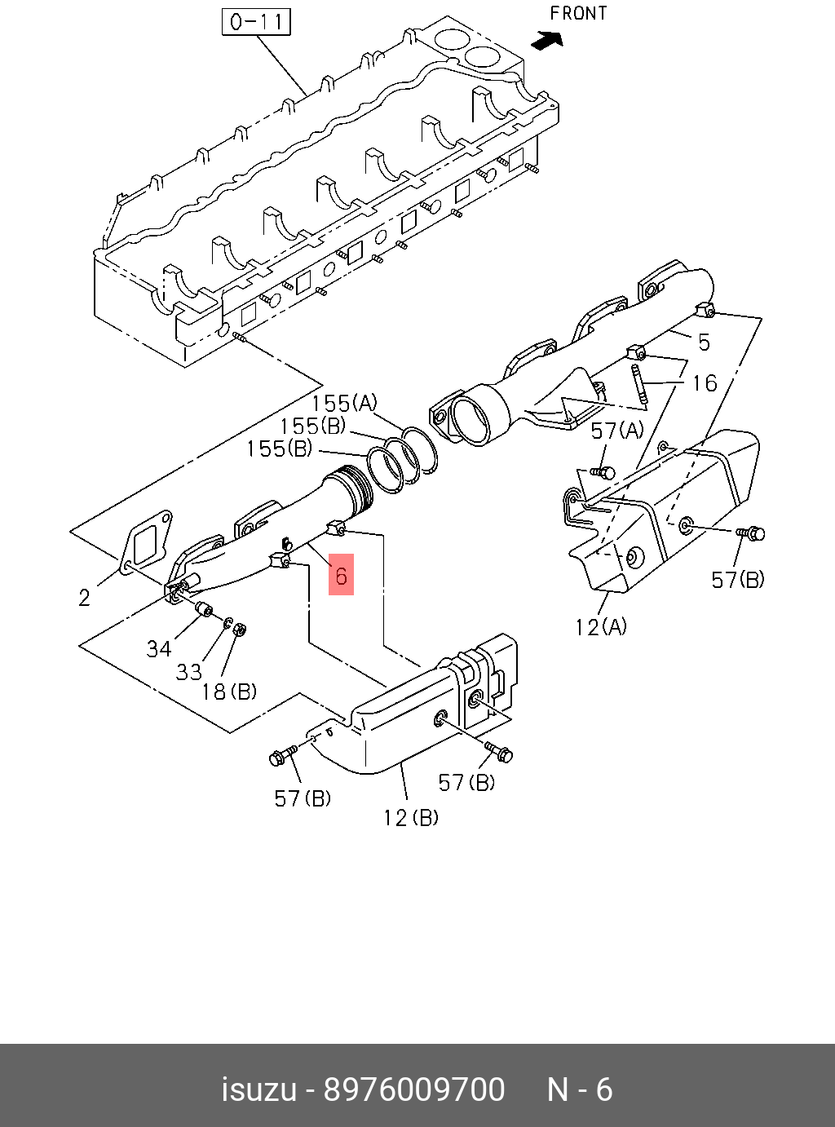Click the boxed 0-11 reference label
coord(256,22)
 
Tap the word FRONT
coord(579,13)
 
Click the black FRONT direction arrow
coord(546,40)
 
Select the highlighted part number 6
coord(341,575)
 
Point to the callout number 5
coord(704,342)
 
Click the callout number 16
coord(704,382)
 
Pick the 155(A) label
coord(344,403)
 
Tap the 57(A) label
coord(617,431)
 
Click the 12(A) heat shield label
coord(601,626)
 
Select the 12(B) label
coord(410,816)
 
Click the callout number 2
coord(85,598)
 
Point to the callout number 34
coord(159,648)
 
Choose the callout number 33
coord(188,671)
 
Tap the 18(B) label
coord(229,692)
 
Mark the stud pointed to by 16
coord(638,384)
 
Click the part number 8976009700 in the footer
coord(414,1089)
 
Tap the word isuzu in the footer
coord(258,1089)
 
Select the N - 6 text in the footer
coord(579,1089)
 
